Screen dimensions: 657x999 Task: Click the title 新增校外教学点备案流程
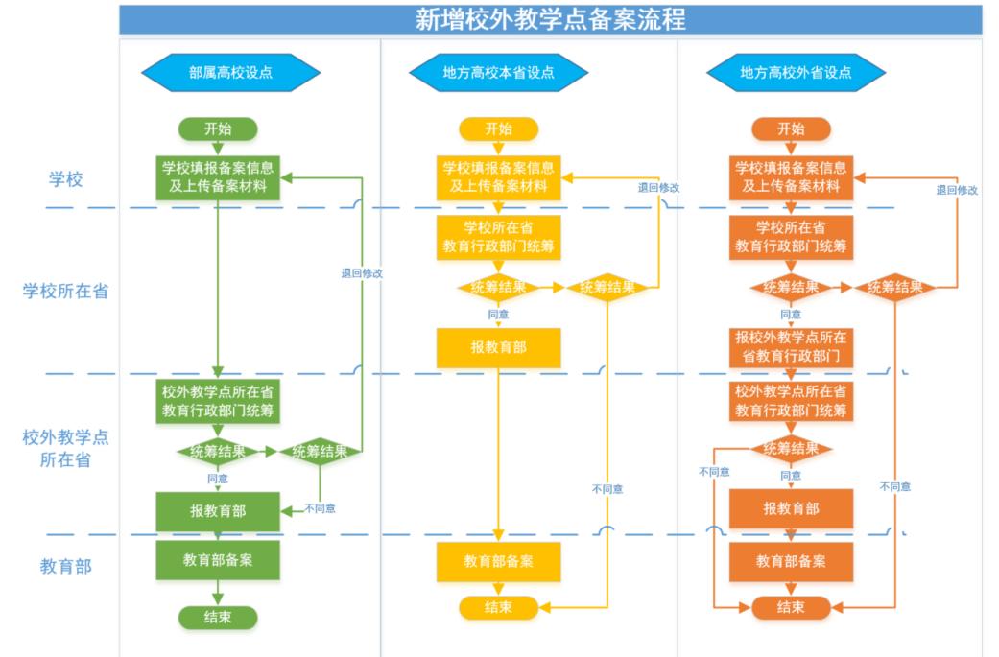550,19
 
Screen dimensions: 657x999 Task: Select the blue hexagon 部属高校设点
229,72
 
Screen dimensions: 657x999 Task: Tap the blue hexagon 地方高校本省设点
498,72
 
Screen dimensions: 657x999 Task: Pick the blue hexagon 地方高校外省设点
796,72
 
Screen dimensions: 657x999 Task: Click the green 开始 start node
218,129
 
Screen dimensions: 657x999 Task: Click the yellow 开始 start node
498,129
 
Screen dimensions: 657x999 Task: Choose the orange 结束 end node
791,607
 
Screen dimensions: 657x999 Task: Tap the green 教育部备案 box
218,560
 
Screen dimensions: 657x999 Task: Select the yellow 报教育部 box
498,347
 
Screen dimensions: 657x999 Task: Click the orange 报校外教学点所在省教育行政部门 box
791,347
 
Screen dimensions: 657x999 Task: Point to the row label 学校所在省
66,291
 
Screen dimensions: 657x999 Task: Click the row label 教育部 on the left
66,566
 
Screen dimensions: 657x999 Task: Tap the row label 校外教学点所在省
66,449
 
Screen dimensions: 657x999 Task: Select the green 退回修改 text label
362,273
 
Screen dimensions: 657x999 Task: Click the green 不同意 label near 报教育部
321,508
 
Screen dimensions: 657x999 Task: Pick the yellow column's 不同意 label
607,489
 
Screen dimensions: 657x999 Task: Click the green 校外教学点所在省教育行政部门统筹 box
218,401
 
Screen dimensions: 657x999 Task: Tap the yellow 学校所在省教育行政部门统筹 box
498,236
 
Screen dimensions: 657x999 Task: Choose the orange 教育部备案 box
791,560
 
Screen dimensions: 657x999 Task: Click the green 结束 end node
218,617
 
